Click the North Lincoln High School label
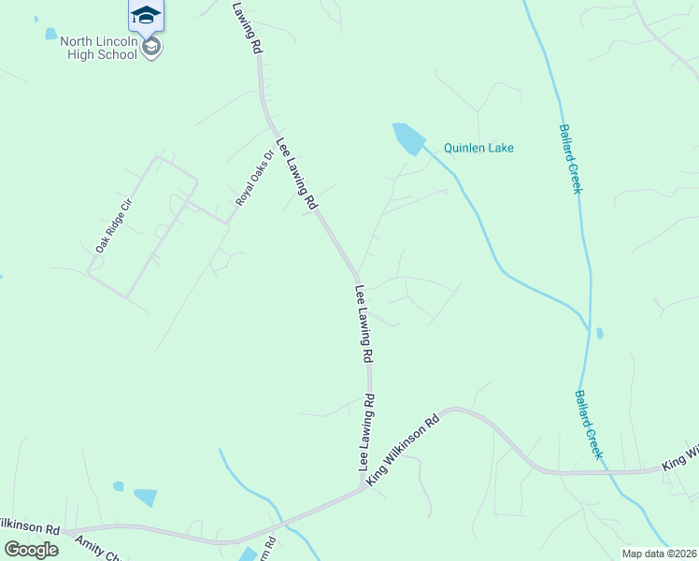click(x=98, y=48)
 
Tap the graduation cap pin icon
click(x=146, y=13)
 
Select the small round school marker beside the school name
click(x=151, y=47)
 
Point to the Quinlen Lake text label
click(x=478, y=148)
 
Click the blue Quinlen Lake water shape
click(x=408, y=138)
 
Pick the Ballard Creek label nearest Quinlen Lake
click(x=570, y=159)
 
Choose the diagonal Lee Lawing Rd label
click(x=296, y=174)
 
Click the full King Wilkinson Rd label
click(x=403, y=451)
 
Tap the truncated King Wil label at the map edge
click(x=680, y=458)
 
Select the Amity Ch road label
click(x=98, y=546)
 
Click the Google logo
click(x=31, y=549)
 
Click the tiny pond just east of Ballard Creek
click(x=599, y=333)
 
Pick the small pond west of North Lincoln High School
click(x=50, y=35)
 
